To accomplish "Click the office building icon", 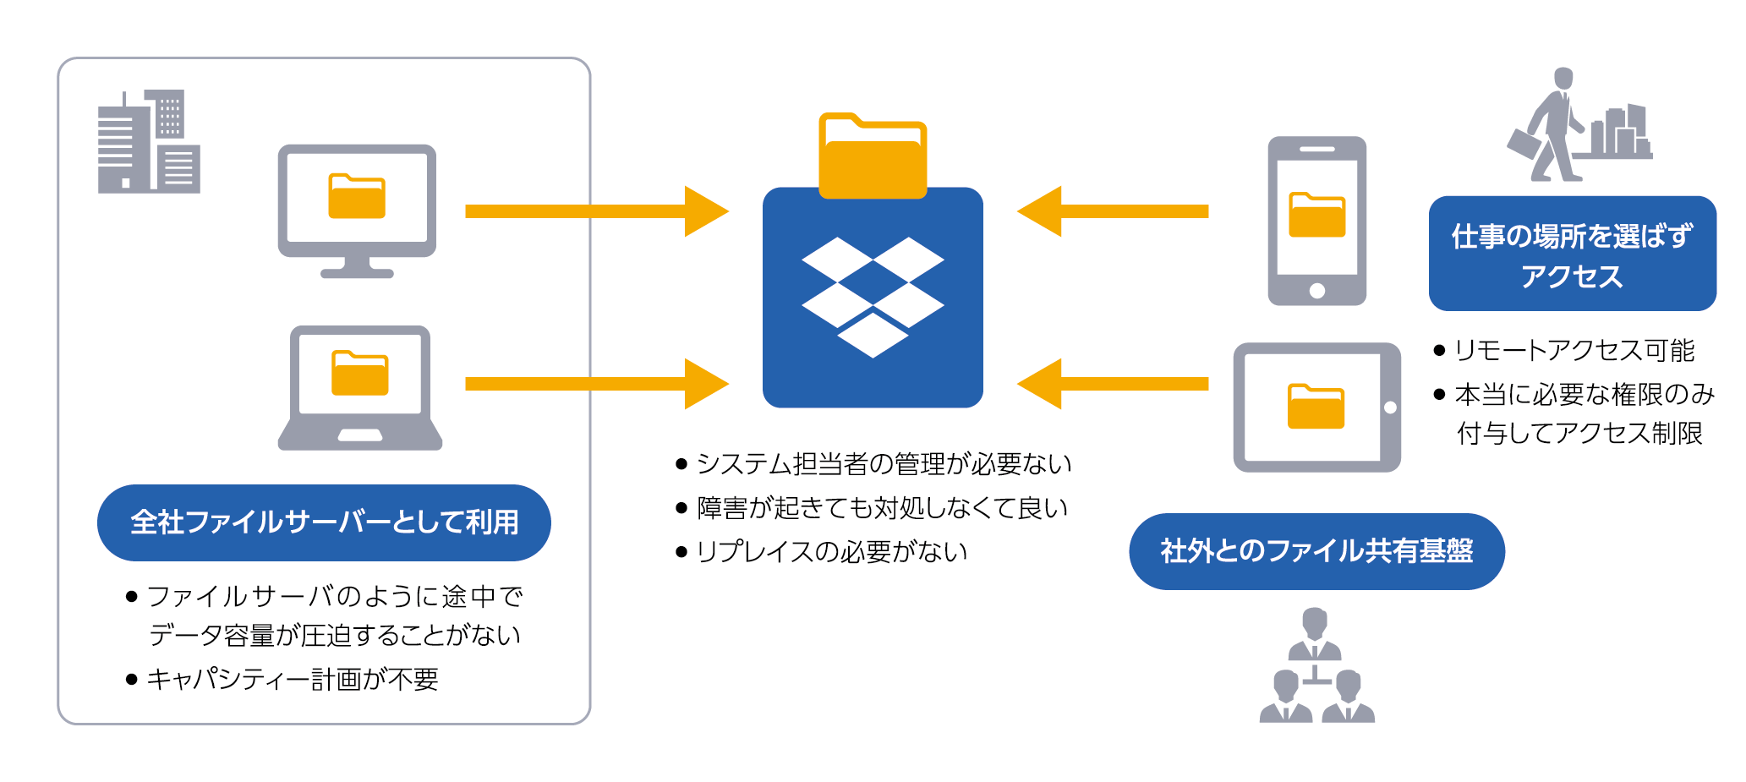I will [149, 142].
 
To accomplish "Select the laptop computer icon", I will [360, 388].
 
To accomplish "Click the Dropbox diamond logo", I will [873, 295].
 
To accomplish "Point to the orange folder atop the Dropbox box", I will [873, 157].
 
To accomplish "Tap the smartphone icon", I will [1316, 221].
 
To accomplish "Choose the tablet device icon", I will [1316, 407].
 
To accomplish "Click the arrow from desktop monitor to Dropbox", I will [595, 211].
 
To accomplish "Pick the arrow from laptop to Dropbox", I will [595, 384].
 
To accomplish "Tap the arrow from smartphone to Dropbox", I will [1113, 211].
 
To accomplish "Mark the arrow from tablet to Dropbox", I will [1113, 384].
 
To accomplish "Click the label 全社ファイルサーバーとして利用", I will [324, 522].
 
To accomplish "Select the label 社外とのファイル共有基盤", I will [1316, 551].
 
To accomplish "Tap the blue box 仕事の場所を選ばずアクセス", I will [1572, 254].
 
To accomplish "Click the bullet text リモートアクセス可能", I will [1574, 350].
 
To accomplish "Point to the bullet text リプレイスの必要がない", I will [831, 552].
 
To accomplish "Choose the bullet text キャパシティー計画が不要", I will [293, 679].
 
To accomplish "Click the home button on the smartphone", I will [1316, 291].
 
